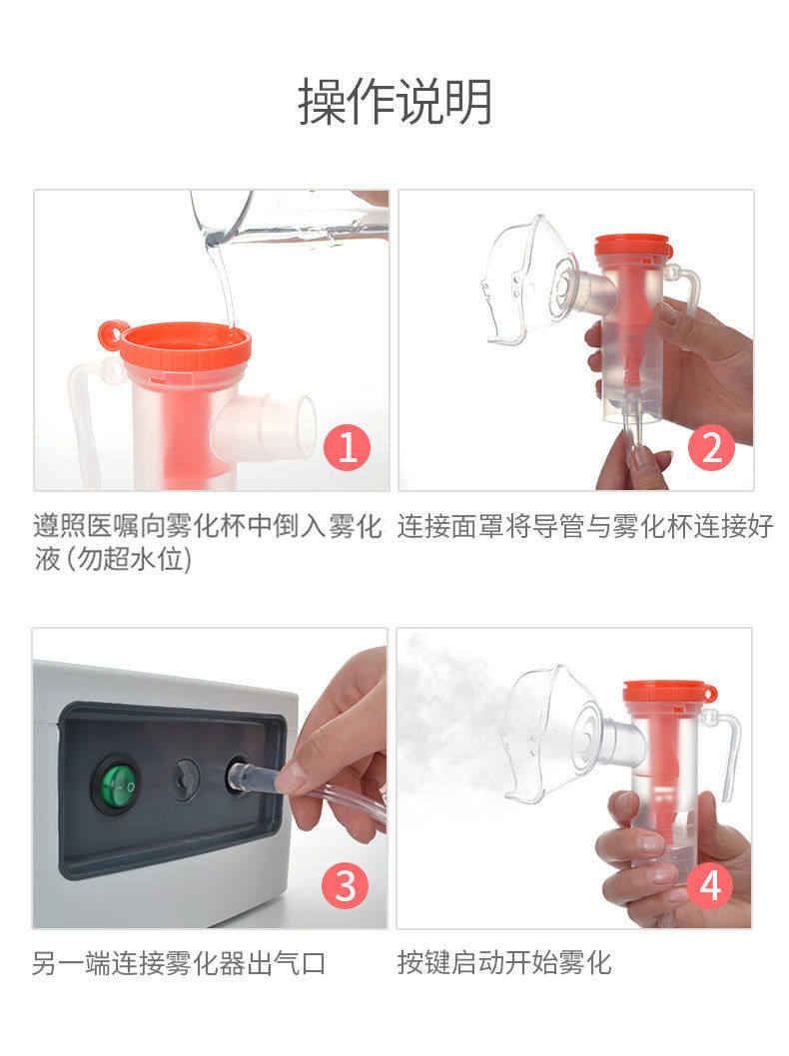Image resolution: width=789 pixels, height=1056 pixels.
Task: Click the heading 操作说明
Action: click(394, 101)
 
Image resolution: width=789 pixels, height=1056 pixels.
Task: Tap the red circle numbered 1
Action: click(348, 446)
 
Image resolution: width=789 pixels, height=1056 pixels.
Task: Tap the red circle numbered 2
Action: click(712, 447)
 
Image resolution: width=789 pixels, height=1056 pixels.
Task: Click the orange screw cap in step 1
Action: click(184, 345)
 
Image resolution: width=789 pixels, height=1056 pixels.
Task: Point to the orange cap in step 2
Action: click(632, 247)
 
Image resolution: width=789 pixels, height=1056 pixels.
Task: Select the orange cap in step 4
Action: click(667, 693)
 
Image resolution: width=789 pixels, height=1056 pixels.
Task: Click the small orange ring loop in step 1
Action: click(113, 334)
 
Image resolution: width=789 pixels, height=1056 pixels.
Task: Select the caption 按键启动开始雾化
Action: click(504, 963)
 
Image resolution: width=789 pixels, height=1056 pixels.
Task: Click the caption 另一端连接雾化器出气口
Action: click(179, 964)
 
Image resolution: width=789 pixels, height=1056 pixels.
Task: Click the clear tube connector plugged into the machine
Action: click(255, 780)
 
